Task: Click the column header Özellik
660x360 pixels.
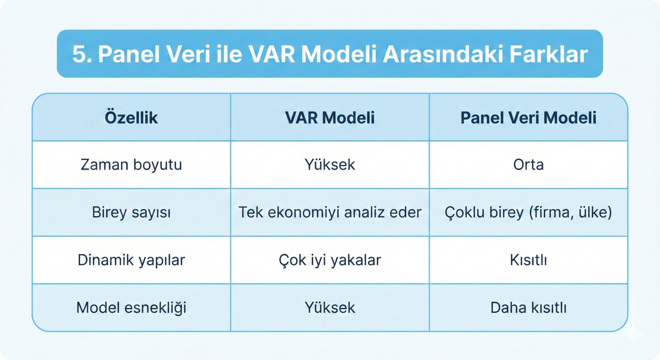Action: tap(131, 118)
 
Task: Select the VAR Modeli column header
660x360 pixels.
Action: tap(330, 118)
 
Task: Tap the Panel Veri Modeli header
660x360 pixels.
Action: tap(528, 118)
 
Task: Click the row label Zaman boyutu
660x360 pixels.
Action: tap(131, 165)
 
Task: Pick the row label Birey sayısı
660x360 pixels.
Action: tap(131, 213)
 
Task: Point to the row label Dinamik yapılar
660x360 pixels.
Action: tap(131, 260)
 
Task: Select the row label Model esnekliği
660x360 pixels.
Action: tap(131, 308)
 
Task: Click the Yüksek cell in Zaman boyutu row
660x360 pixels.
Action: tap(330, 165)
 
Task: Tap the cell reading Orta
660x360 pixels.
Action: tap(528, 165)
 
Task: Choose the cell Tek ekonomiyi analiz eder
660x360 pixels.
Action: tap(330, 213)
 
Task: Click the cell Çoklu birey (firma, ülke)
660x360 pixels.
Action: tap(528, 213)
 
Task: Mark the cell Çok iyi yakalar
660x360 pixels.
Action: tap(330, 260)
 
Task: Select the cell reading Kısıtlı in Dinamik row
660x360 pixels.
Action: tap(528, 260)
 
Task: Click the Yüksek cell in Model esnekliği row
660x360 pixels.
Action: tap(330, 308)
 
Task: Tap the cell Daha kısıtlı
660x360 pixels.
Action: tap(528, 308)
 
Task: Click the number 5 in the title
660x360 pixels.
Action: tap(78, 55)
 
